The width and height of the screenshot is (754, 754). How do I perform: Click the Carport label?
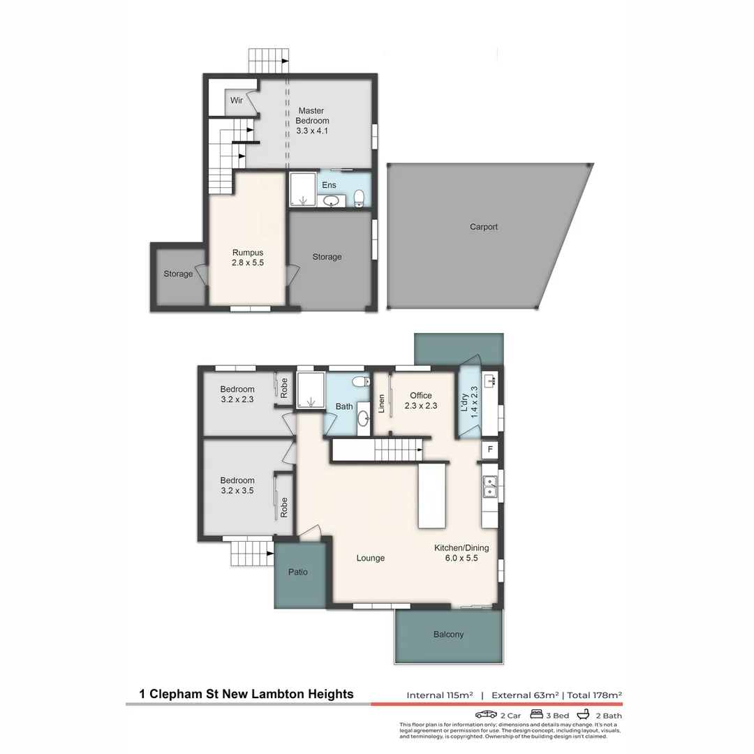tap(483, 227)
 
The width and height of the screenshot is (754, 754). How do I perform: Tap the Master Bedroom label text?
tap(311, 120)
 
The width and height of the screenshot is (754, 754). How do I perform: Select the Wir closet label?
tap(237, 101)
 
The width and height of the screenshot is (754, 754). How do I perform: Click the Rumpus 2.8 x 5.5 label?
tap(248, 258)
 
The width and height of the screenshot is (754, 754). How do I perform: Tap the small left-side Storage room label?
tap(178, 274)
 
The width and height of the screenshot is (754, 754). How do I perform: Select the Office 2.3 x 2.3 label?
tap(420, 400)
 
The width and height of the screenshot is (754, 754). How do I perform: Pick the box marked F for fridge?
tap(490, 450)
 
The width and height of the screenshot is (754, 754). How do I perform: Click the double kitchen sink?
tap(490, 486)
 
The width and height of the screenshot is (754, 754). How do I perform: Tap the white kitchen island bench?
tap(431, 497)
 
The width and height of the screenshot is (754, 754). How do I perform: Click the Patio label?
tap(298, 572)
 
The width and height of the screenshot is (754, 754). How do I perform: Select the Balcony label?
tap(448, 635)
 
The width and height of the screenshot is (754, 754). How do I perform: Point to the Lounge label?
tap(370, 558)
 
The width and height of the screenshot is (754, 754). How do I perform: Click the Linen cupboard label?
tap(382, 404)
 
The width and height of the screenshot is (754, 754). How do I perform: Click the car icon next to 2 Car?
tap(486, 715)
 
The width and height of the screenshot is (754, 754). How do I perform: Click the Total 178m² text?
tap(594, 695)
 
